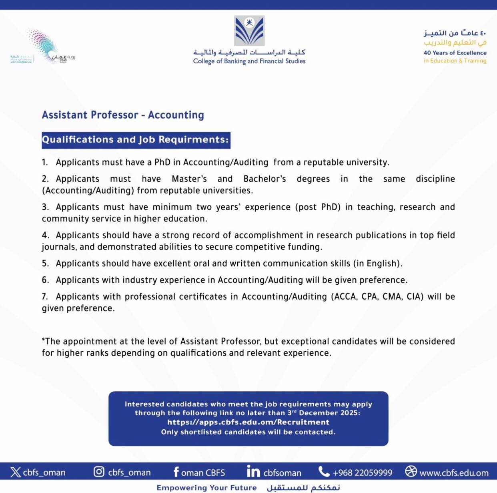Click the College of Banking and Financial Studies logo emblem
click(249, 31)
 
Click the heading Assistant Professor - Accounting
click(123, 115)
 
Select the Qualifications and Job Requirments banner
click(136, 140)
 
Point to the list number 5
click(45, 264)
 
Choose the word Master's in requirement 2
click(189, 179)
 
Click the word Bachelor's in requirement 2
click(265, 179)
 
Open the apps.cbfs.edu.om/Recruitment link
click(248, 422)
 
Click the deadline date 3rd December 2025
click(323, 413)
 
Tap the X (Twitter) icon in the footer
click(16, 472)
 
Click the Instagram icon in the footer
click(99, 472)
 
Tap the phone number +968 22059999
click(362, 473)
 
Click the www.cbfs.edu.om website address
click(454, 473)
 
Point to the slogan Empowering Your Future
click(206, 488)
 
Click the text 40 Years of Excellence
click(455, 53)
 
